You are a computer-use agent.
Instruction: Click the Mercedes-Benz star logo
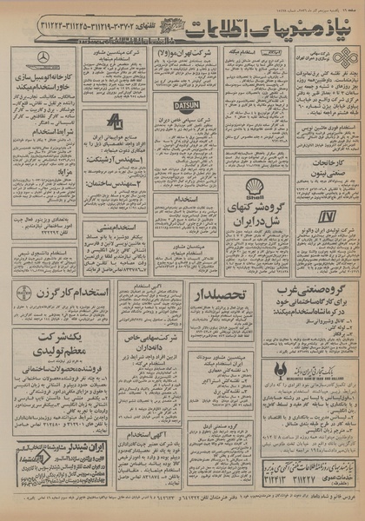click(43, 58)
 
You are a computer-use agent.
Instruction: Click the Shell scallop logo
click(255, 185)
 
